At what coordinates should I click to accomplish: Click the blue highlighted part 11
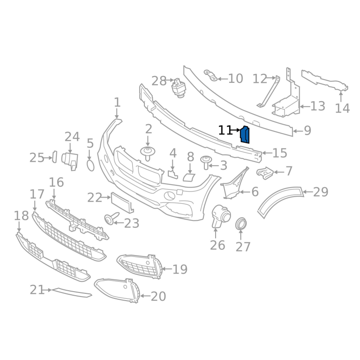(245, 135)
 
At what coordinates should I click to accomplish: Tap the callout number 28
(159, 81)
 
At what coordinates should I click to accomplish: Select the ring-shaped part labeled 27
(241, 223)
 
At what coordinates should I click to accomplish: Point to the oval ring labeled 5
(90, 165)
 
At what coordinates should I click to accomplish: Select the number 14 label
(342, 108)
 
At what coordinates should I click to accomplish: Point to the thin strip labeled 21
(72, 293)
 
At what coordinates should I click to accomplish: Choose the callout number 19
(180, 270)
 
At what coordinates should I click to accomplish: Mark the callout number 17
(37, 194)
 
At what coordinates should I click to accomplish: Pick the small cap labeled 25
(53, 157)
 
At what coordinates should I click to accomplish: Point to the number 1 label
(117, 103)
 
